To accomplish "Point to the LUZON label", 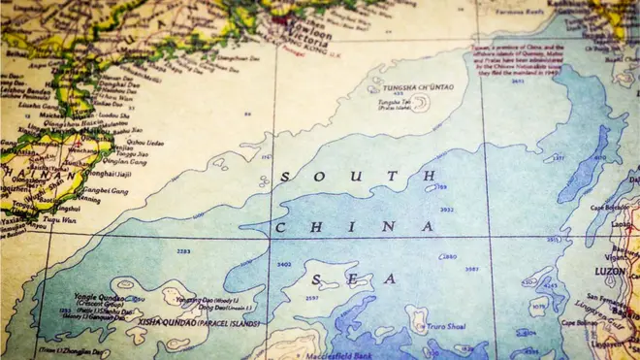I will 609,271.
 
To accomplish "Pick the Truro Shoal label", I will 444,327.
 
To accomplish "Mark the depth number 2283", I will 182,251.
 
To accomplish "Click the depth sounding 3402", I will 284,264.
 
